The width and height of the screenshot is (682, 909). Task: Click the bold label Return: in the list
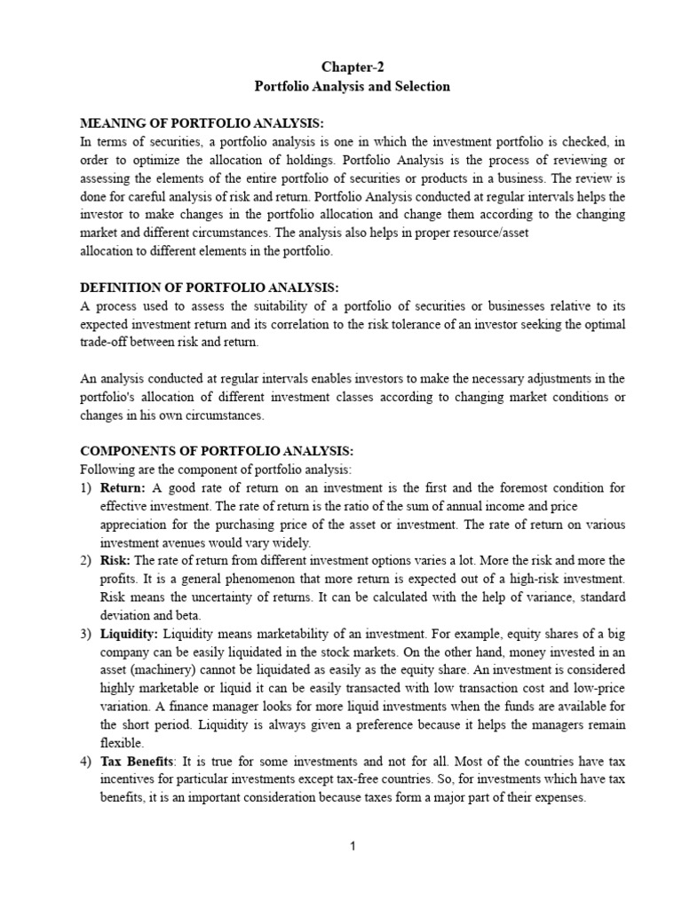coord(124,487)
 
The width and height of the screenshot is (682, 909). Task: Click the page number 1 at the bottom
coord(353,846)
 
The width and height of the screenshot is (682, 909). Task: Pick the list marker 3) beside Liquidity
coord(86,632)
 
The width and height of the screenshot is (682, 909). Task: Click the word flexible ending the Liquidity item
coord(122,742)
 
